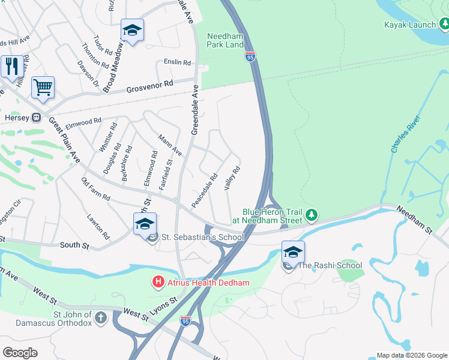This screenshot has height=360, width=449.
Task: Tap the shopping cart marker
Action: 43,87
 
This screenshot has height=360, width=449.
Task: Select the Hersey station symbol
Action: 36,117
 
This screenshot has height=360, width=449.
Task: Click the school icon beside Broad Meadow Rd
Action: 132,30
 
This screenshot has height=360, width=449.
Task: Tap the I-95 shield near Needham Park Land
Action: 250,57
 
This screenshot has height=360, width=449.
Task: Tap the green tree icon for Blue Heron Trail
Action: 311,215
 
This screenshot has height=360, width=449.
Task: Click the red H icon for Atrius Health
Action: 158,281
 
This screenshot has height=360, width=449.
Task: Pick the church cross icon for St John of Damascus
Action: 101,316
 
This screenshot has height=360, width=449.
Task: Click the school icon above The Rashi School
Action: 292,251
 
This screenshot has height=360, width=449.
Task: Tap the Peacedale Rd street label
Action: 204,190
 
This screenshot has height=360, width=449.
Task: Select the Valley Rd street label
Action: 232,178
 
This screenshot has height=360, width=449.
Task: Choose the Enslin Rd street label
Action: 177,62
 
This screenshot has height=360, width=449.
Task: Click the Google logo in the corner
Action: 20,352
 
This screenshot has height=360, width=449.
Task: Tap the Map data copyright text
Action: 412,355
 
